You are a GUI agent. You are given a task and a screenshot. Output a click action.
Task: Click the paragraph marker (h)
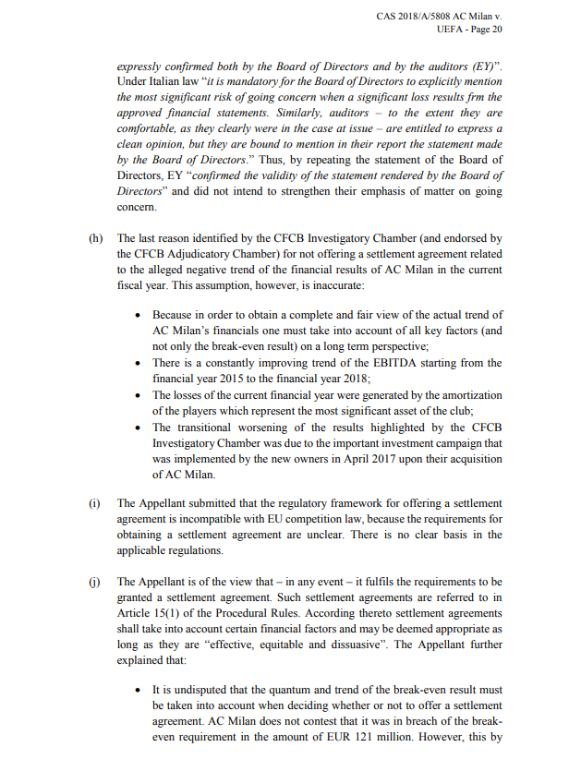point(95,238)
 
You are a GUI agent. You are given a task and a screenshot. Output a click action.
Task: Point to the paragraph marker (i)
point(94,503)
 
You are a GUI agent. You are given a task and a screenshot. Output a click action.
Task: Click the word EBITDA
point(381,363)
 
